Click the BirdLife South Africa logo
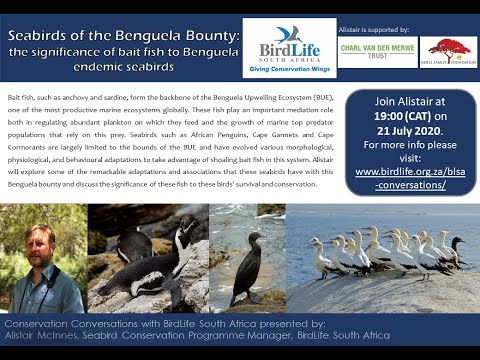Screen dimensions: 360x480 (x=289, y=47)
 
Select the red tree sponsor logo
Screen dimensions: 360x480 (x=447, y=50)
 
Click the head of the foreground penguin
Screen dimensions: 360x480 (x=183, y=232)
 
